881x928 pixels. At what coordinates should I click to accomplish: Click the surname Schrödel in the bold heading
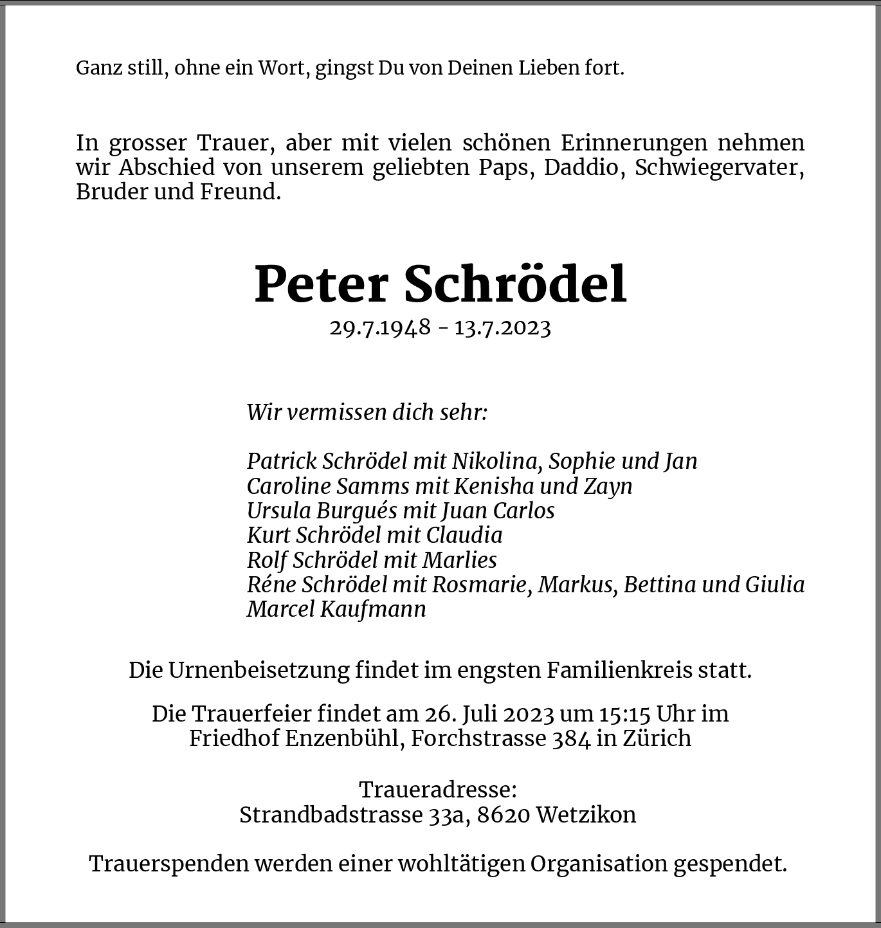(x=515, y=284)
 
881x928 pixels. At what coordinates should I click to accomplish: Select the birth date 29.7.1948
(x=380, y=327)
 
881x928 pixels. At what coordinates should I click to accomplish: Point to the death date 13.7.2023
(x=503, y=327)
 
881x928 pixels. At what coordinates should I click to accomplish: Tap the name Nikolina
(x=491, y=461)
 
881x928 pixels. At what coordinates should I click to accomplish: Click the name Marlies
(x=459, y=560)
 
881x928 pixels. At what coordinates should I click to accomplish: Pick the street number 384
(x=571, y=738)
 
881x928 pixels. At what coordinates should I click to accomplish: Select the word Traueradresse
(x=437, y=790)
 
